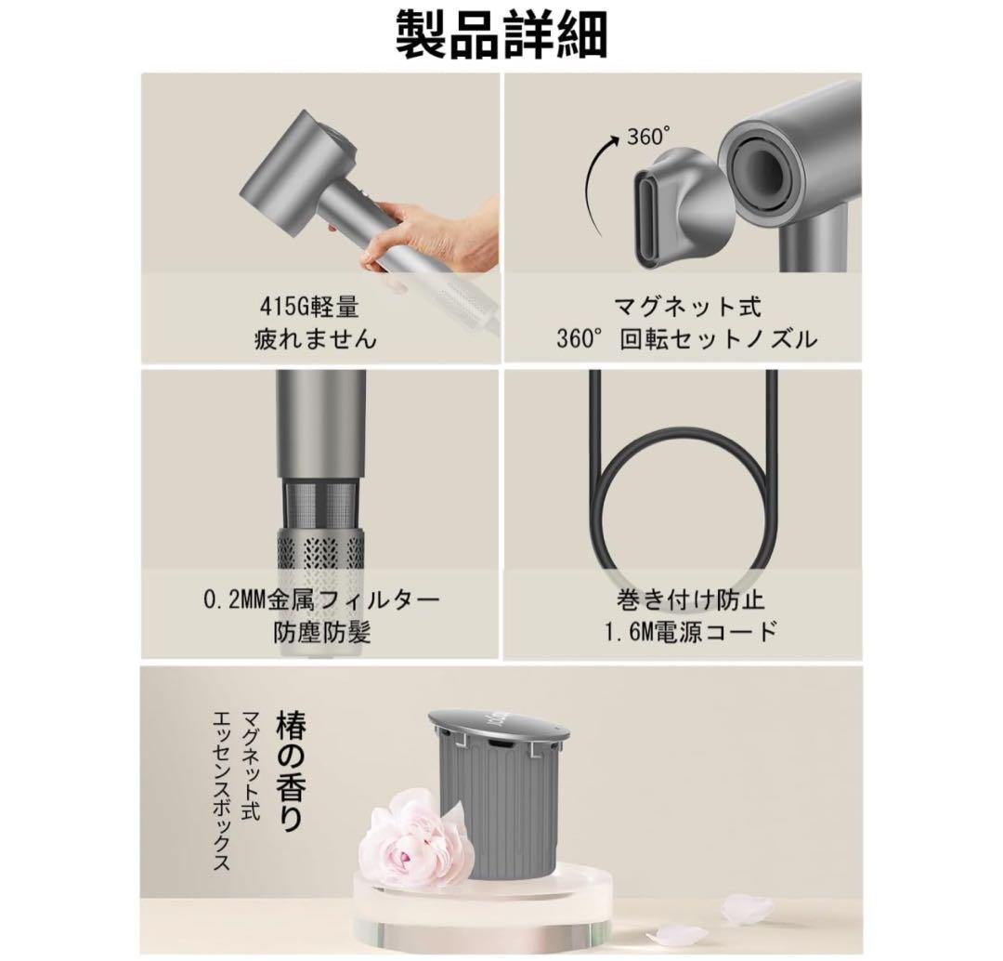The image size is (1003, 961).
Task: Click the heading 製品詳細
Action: coord(501,34)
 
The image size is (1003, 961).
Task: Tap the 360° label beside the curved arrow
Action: coord(648,137)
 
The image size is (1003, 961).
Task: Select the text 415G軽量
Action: coord(309,308)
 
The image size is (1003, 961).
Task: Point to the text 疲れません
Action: coord(315,338)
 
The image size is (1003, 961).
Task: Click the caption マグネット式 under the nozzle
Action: coord(687,308)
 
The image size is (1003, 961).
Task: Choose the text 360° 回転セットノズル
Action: coord(687,338)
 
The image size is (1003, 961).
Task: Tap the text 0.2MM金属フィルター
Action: coord(321,599)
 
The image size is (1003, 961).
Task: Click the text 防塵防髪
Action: coord(322,633)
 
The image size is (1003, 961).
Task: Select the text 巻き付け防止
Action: coord(691,599)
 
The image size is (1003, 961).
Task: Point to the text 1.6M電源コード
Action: coord(691,633)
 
